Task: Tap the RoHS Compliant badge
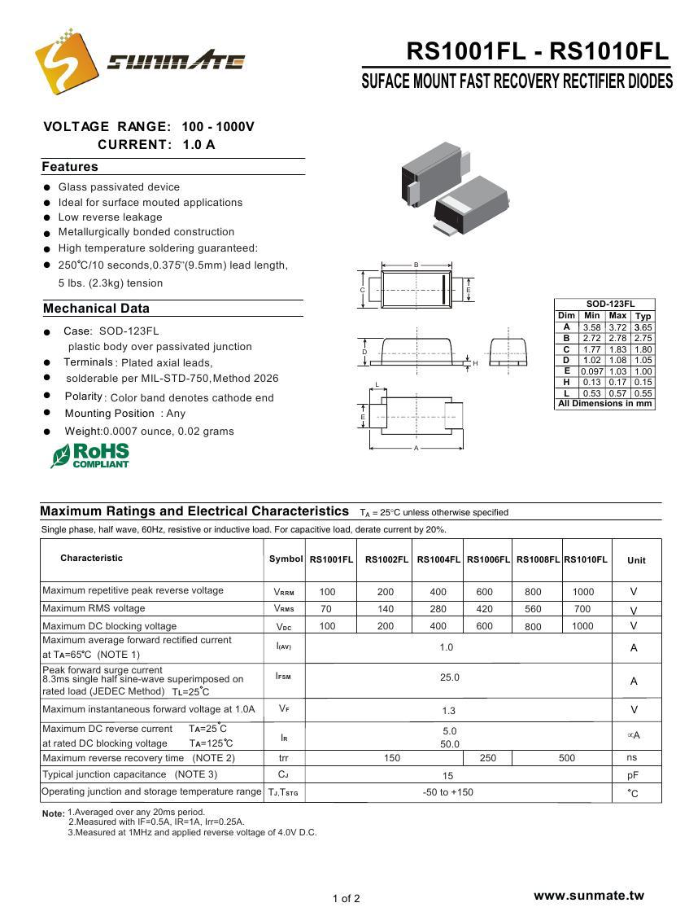pos(90,455)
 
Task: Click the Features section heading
pos(70,167)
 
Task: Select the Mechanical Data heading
pos(96,309)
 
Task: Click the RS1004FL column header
pos(438,560)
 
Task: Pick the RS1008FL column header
pos(538,560)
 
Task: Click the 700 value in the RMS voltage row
pos(582,609)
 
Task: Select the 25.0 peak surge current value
pos(450,677)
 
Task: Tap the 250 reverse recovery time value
pos(488,758)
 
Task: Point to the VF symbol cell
pos(284,709)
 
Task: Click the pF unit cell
pos(633,776)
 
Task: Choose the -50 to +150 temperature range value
pos(448,792)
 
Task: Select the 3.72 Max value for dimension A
pos(617,327)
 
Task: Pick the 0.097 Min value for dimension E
pos(591,371)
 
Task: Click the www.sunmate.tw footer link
pos(588,896)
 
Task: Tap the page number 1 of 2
pos(346,899)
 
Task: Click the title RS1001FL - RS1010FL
pos(537,52)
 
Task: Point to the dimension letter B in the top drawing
pos(416,265)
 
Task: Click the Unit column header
pos(636,560)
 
